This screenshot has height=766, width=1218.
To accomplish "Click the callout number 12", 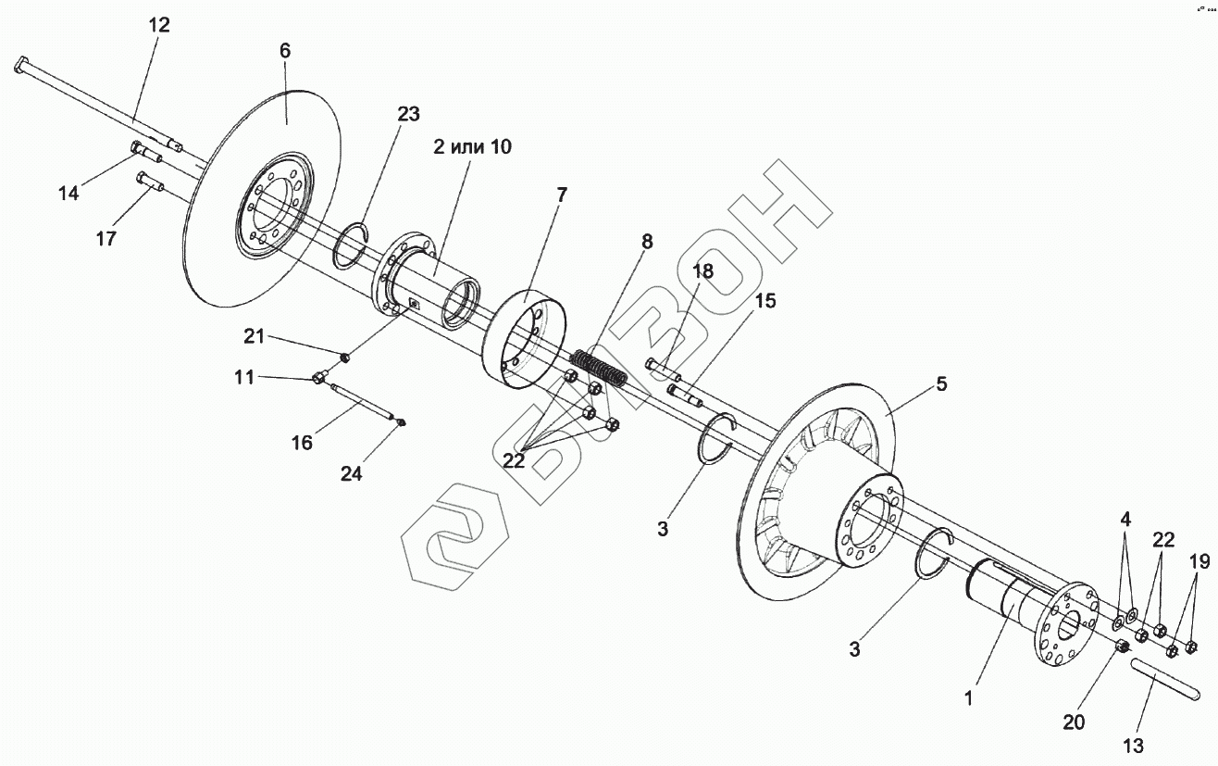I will pyautogui.click(x=159, y=25).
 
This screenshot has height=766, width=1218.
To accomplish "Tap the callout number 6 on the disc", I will pyautogui.click(x=285, y=50).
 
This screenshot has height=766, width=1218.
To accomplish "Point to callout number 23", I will pyautogui.click(x=408, y=114).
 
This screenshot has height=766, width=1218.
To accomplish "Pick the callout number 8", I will pyautogui.click(x=647, y=242).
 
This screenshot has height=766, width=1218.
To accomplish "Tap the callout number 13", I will pyautogui.click(x=1133, y=746).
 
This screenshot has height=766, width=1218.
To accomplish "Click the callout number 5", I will pyautogui.click(x=941, y=383).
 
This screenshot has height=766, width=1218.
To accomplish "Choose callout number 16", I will pyautogui.click(x=302, y=442).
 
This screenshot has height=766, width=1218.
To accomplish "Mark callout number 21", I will pyautogui.click(x=255, y=335).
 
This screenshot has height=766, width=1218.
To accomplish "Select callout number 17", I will pyautogui.click(x=106, y=238).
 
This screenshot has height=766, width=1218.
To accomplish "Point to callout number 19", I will pyautogui.click(x=1199, y=560).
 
